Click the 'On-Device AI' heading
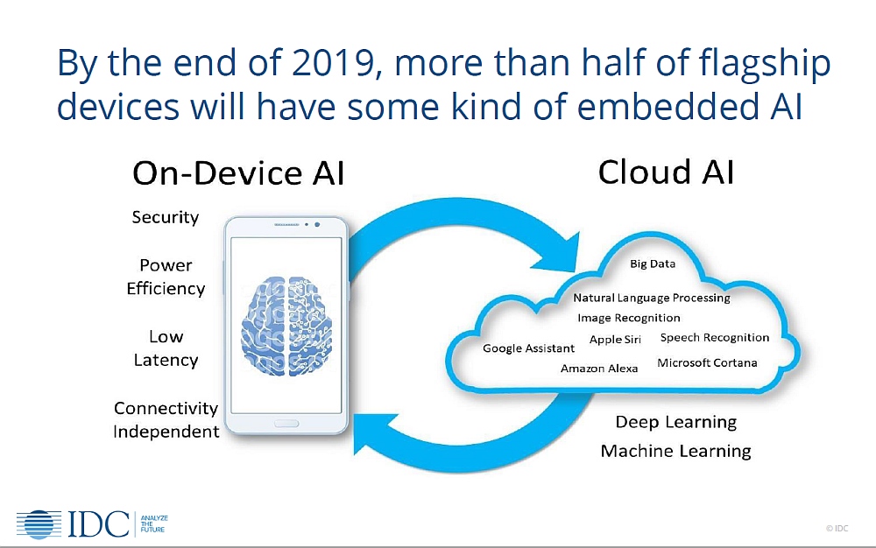pos(238,173)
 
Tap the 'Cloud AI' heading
pos(666,172)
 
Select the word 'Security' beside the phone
pos(166,217)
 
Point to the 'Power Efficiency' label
pos(166,277)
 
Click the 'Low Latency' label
pos(166,348)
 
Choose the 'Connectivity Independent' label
pos(166,419)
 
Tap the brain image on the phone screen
pos(286,326)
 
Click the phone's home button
pos(286,424)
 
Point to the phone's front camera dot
pos(317,224)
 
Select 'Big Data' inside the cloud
pos(653,263)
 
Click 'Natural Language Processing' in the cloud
pos(652,298)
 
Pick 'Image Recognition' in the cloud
pos(628,318)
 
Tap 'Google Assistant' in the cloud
pos(528,348)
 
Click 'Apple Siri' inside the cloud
pos(615,340)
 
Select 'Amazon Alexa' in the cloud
pos(599,369)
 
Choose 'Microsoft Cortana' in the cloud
pos(707,362)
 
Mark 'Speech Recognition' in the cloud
pos(715,338)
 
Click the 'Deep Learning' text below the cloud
pos(676,423)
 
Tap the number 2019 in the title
pos(334,62)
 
